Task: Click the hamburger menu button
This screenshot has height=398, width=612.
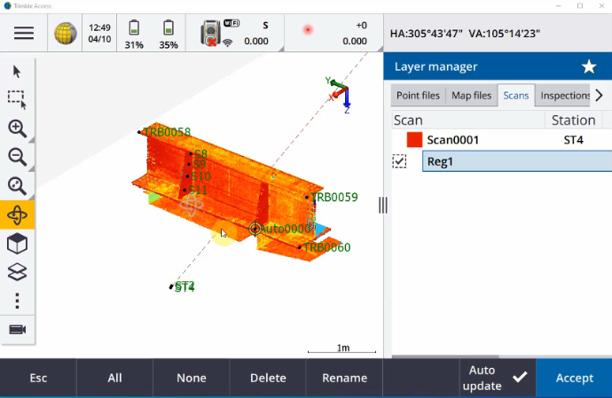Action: point(23,33)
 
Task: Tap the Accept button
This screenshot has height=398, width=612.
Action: point(574,378)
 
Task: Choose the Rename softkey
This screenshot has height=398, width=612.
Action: point(344,378)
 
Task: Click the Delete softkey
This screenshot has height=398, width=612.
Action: point(268,378)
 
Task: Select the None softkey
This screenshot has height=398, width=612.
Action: point(191,378)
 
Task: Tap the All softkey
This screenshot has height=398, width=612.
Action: point(114,378)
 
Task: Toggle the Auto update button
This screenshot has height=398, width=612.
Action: point(496,378)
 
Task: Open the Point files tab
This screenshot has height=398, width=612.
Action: point(418,95)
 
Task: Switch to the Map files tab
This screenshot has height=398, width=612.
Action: point(471,95)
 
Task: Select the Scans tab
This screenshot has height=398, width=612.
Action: point(515,95)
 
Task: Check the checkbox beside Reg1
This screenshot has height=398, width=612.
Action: point(399,161)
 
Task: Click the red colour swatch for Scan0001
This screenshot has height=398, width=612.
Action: point(413,140)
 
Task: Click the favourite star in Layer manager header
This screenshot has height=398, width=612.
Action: point(588,66)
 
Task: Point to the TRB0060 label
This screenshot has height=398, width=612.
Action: point(326,247)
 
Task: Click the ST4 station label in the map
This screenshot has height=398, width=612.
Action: point(184,286)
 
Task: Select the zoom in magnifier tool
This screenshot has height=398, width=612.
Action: point(17,128)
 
